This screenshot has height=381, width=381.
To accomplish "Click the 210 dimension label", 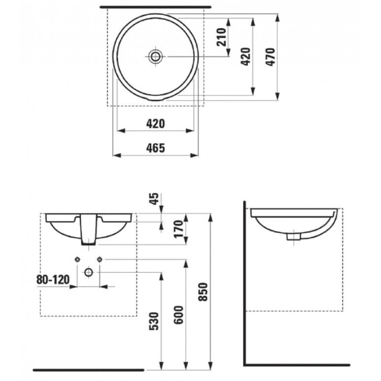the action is point(221,37).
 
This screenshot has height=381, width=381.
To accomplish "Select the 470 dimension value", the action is point(270,57).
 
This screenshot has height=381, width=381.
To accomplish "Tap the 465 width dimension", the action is point(155,148).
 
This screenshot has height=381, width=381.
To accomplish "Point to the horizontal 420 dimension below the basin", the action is point(155,124).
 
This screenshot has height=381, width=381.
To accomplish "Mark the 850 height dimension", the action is point(203,292).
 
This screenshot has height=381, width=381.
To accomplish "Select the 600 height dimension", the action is point(178,315).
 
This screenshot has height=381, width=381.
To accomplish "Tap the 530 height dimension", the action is point(154,321).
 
